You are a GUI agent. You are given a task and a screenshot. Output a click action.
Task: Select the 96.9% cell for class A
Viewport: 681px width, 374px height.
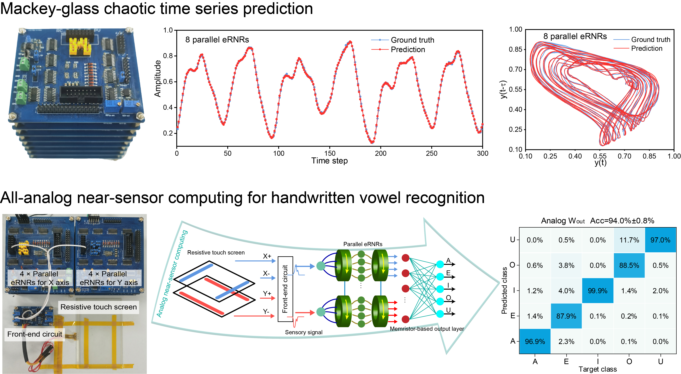click(535, 342)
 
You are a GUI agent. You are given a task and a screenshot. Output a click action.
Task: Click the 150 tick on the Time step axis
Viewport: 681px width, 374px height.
click(330, 153)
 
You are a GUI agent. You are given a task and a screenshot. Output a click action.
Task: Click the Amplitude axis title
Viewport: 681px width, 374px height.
click(158, 79)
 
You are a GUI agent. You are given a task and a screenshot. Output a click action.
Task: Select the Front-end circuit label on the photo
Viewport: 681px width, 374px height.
click(35, 334)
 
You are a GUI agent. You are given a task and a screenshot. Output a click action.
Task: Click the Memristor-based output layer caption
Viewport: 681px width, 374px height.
click(427, 329)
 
